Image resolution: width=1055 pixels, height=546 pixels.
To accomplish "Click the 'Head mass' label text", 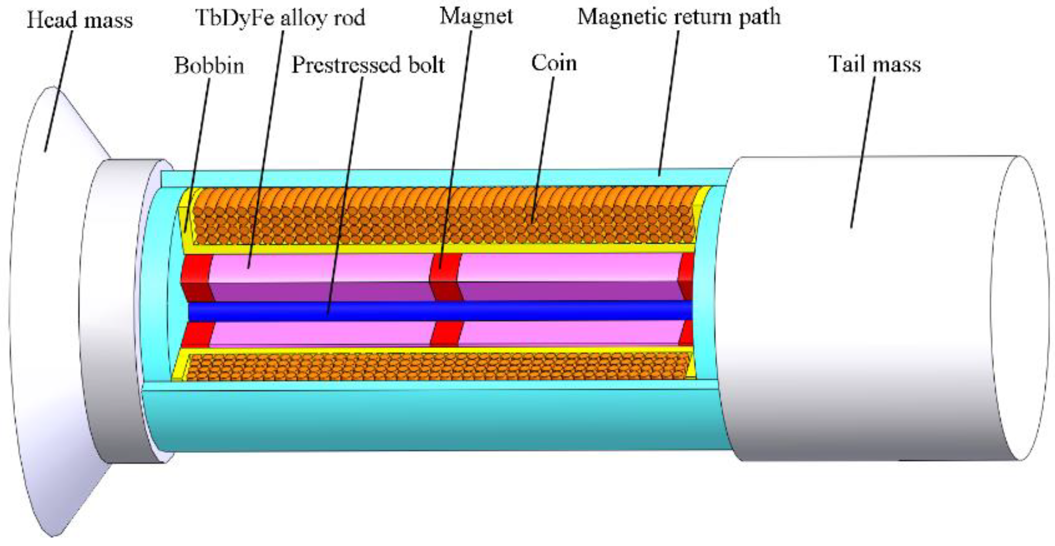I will (80, 20).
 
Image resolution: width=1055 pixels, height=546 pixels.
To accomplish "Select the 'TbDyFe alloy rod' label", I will (280, 18).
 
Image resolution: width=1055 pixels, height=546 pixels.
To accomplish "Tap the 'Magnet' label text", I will (476, 16).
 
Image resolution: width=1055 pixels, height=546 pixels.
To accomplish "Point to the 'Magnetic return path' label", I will (678, 17).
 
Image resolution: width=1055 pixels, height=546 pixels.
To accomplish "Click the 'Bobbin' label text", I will (209, 65).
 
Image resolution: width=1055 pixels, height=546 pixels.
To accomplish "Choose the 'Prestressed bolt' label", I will (368, 65).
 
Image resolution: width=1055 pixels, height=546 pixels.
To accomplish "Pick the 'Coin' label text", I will (554, 63).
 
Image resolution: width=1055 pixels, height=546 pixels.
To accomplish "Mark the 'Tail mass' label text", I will (875, 64).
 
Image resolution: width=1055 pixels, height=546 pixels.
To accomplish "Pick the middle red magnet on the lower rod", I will (446, 334).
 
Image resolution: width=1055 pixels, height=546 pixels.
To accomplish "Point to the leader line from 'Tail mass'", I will (863, 151).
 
